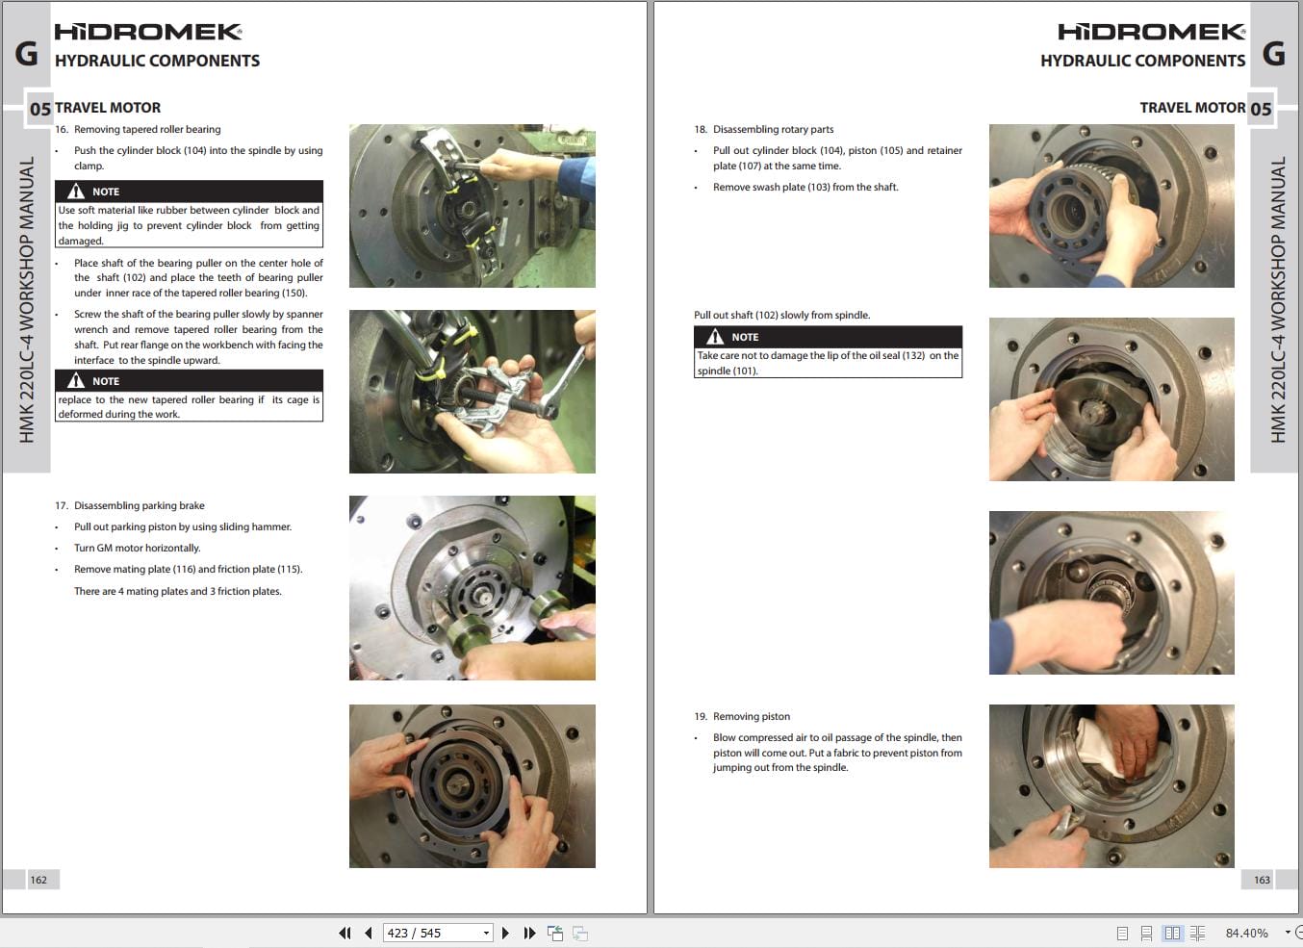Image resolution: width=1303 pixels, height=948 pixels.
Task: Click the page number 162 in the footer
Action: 38,880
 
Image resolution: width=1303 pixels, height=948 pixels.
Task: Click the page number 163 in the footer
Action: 1262,880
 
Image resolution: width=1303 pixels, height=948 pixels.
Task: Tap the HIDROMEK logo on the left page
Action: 147,32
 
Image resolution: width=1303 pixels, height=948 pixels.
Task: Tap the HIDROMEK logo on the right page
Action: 1151,32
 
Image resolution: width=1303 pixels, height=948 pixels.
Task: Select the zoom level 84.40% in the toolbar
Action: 1246,933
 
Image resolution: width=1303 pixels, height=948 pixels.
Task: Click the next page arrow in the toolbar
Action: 505,933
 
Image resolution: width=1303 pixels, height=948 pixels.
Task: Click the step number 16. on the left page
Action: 62,129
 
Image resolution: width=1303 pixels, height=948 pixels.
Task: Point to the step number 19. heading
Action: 700,716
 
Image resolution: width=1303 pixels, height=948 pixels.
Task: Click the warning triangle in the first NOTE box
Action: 76,192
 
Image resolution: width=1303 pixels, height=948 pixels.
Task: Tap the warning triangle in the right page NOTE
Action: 715,337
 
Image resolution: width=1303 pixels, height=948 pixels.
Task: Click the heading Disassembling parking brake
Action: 140,505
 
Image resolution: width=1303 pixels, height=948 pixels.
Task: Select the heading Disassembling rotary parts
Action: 773,129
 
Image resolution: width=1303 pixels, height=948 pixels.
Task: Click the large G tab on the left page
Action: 26,53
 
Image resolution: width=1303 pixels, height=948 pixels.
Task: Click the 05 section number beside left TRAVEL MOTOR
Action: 39,109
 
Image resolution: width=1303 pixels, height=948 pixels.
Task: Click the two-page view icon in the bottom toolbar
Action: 1172,933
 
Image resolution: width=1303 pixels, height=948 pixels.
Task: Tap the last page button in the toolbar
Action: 529,933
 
